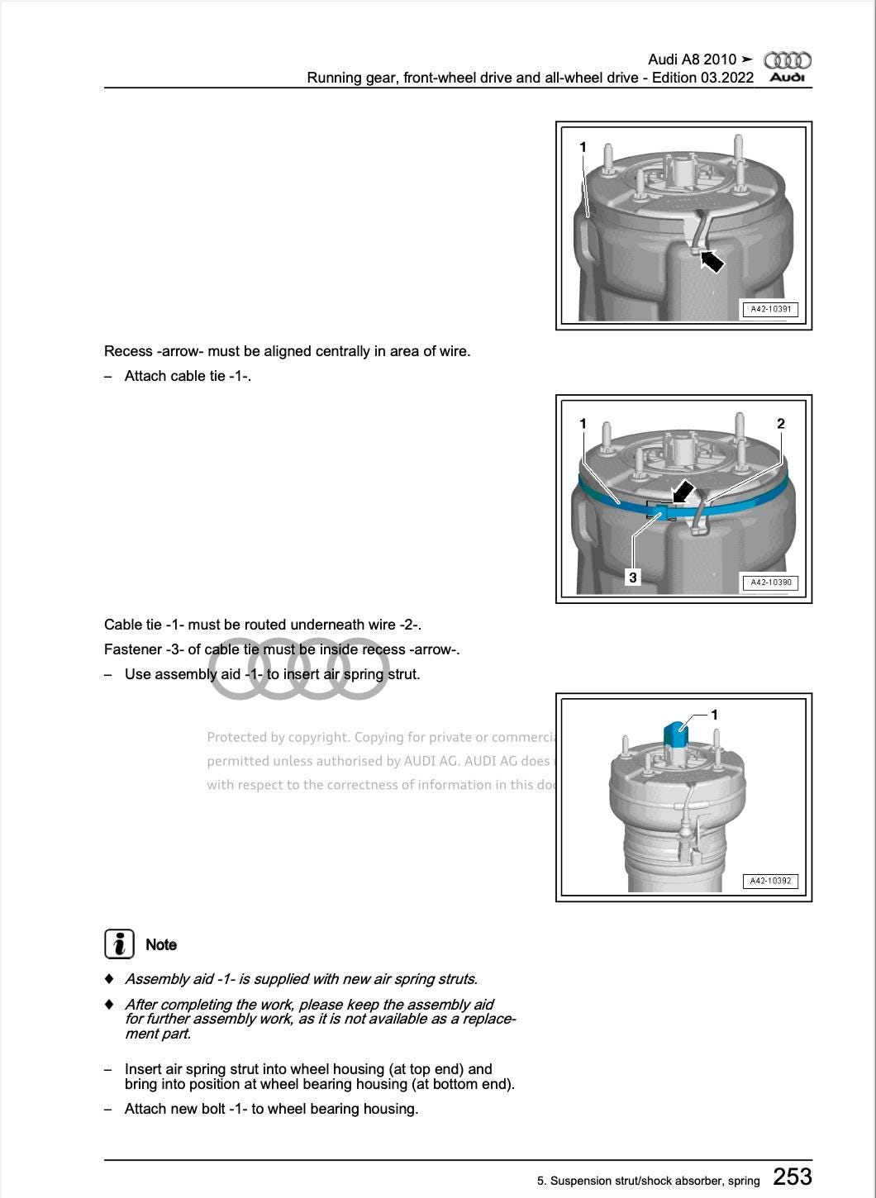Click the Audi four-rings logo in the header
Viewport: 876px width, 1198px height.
click(787, 60)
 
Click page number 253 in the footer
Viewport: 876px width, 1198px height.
click(792, 1177)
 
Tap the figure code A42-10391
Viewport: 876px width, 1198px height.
click(770, 310)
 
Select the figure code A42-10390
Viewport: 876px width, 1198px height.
click(770, 582)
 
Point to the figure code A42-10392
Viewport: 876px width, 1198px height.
click(770, 882)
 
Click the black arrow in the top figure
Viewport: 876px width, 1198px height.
click(710, 261)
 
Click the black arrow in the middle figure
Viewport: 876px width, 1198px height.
click(682, 492)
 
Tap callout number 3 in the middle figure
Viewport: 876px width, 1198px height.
click(633, 578)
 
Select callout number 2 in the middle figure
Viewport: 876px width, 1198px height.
click(781, 424)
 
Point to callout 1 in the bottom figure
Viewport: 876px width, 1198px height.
click(715, 715)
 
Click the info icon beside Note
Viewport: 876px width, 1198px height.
click(119, 944)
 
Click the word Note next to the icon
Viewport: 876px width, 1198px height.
click(161, 944)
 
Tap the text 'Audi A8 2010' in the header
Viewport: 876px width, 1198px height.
click(692, 59)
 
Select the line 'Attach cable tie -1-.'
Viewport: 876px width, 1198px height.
click(188, 376)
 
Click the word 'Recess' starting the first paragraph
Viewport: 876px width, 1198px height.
click(128, 351)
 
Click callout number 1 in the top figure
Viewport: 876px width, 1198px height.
click(583, 147)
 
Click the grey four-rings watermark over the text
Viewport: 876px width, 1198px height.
click(298, 669)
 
